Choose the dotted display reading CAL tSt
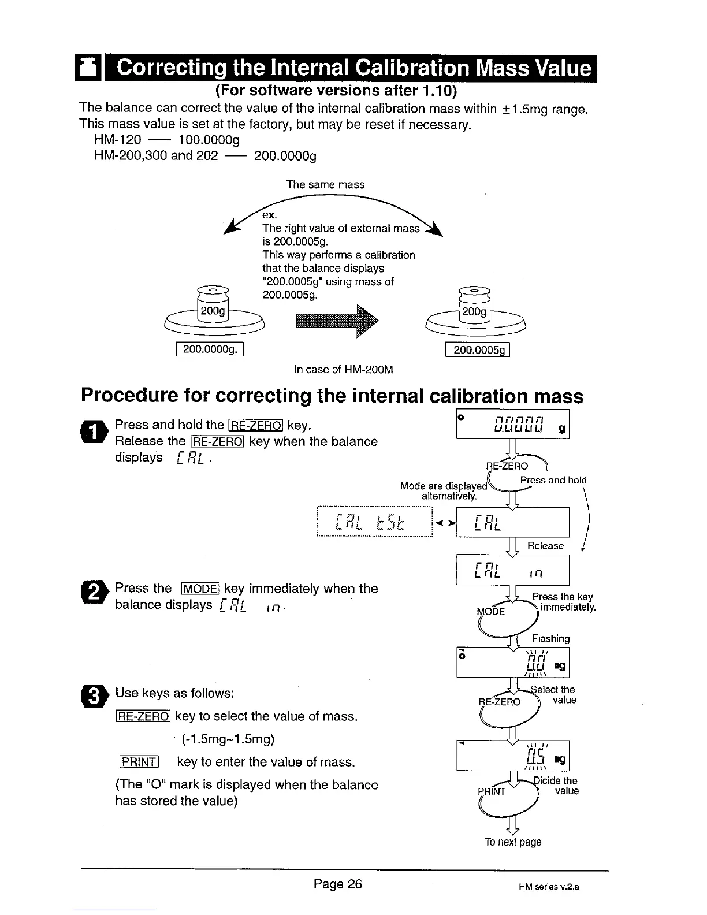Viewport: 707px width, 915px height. point(375,522)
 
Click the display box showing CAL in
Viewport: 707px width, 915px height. point(513,570)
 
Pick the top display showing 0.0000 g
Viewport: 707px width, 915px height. point(513,424)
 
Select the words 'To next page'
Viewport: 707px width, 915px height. point(513,842)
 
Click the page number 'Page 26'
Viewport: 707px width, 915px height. point(338,884)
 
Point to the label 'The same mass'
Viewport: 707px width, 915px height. point(326,185)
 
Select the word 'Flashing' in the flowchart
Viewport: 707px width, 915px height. point(550,638)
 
